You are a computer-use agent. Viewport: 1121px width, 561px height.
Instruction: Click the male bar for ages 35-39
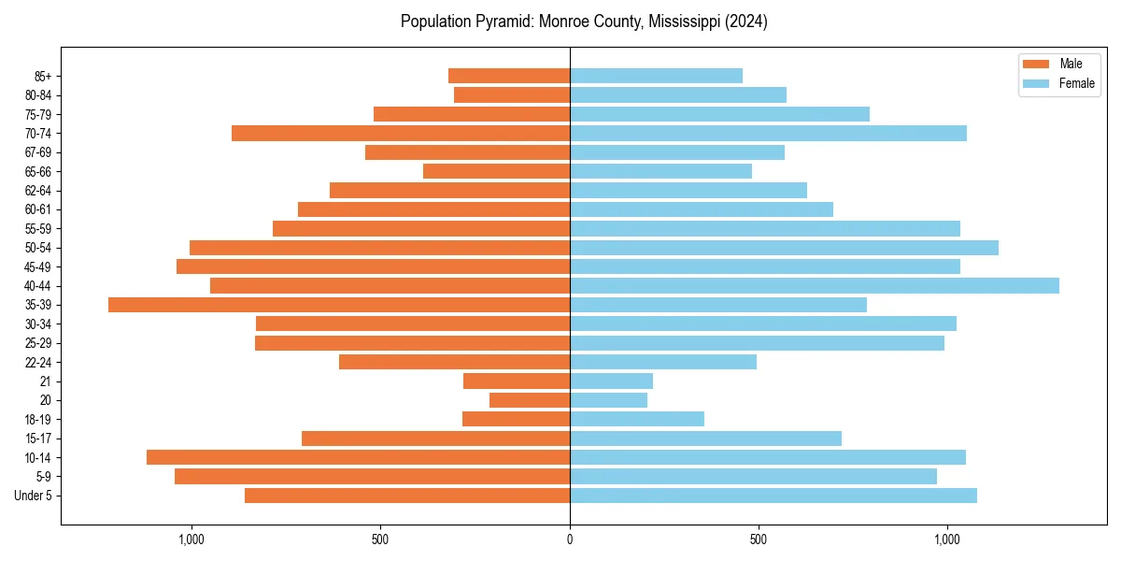pyautogui.click(x=339, y=305)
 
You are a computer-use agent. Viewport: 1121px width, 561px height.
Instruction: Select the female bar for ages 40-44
pyautogui.click(x=814, y=285)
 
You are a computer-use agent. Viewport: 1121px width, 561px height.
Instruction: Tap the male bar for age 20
pyautogui.click(x=530, y=400)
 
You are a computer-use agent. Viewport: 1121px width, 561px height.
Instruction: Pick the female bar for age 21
pyautogui.click(x=611, y=381)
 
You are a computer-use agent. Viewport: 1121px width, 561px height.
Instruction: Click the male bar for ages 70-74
pyautogui.click(x=401, y=134)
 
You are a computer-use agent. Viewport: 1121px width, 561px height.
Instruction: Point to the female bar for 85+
pyautogui.click(x=656, y=76)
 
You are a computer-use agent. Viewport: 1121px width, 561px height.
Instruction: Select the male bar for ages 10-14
pyautogui.click(x=358, y=457)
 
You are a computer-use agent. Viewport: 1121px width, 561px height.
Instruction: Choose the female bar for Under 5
pyautogui.click(x=773, y=496)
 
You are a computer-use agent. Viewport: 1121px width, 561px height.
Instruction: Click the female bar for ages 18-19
pyautogui.click(x=637, y=419)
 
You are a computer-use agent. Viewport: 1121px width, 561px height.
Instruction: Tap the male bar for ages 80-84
pyautogui.click(x=512, y=94)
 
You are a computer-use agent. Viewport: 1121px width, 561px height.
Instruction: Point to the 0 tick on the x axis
pyautogui.click(x=570, y=539)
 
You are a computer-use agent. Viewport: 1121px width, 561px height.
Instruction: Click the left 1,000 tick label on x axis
pyautogui.click(x=191, y=539)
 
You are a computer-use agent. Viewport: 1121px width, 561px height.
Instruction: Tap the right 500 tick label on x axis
pyautogui.click(x=759, y=539)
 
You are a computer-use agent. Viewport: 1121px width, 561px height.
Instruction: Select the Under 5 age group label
pyautogui.click(x=34, y=496)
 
